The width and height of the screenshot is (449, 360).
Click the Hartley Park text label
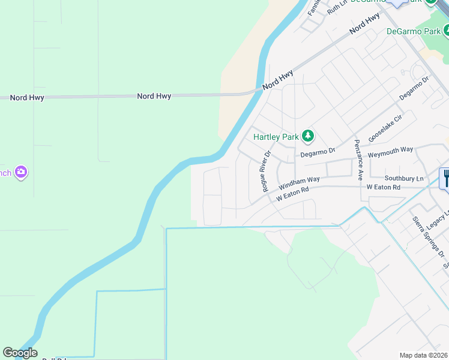(276, 137)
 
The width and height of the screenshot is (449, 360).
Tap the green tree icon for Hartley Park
(307, 136)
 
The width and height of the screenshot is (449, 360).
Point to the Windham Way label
(299, 180)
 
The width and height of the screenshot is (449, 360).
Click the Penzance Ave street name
(358, 160)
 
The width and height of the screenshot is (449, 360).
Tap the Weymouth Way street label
(390, 149)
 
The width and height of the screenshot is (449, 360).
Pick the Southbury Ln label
(404, 178)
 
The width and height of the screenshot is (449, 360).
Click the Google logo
(20, 353)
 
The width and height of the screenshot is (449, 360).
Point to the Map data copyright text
(424, 355)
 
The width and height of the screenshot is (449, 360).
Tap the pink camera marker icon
(21, 173)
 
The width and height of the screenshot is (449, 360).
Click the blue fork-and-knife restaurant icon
(445, 178)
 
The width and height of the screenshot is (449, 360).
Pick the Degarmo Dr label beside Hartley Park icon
(318, 152)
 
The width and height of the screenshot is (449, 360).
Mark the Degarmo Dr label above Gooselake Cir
(414, 89)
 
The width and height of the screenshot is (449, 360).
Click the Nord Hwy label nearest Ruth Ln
(364, 23)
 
